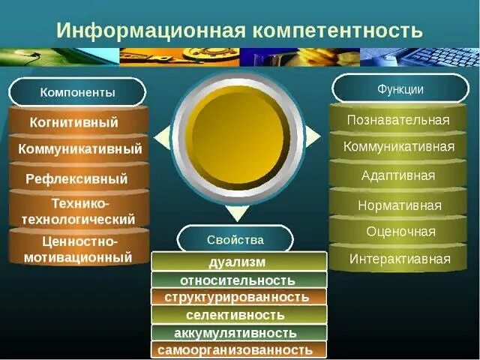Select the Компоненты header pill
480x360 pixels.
77,92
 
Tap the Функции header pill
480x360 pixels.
400,89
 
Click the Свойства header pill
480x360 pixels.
235,239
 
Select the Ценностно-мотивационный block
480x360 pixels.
78,250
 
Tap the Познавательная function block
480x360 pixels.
398,120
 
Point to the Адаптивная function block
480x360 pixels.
398,175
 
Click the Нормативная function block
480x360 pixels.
398,205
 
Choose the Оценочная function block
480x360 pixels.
398,232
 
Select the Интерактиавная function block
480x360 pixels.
398,259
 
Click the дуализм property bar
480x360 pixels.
238,262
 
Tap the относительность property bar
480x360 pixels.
238,280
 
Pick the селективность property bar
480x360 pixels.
238,315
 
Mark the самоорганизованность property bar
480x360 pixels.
238,350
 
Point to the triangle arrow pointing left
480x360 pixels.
161,136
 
